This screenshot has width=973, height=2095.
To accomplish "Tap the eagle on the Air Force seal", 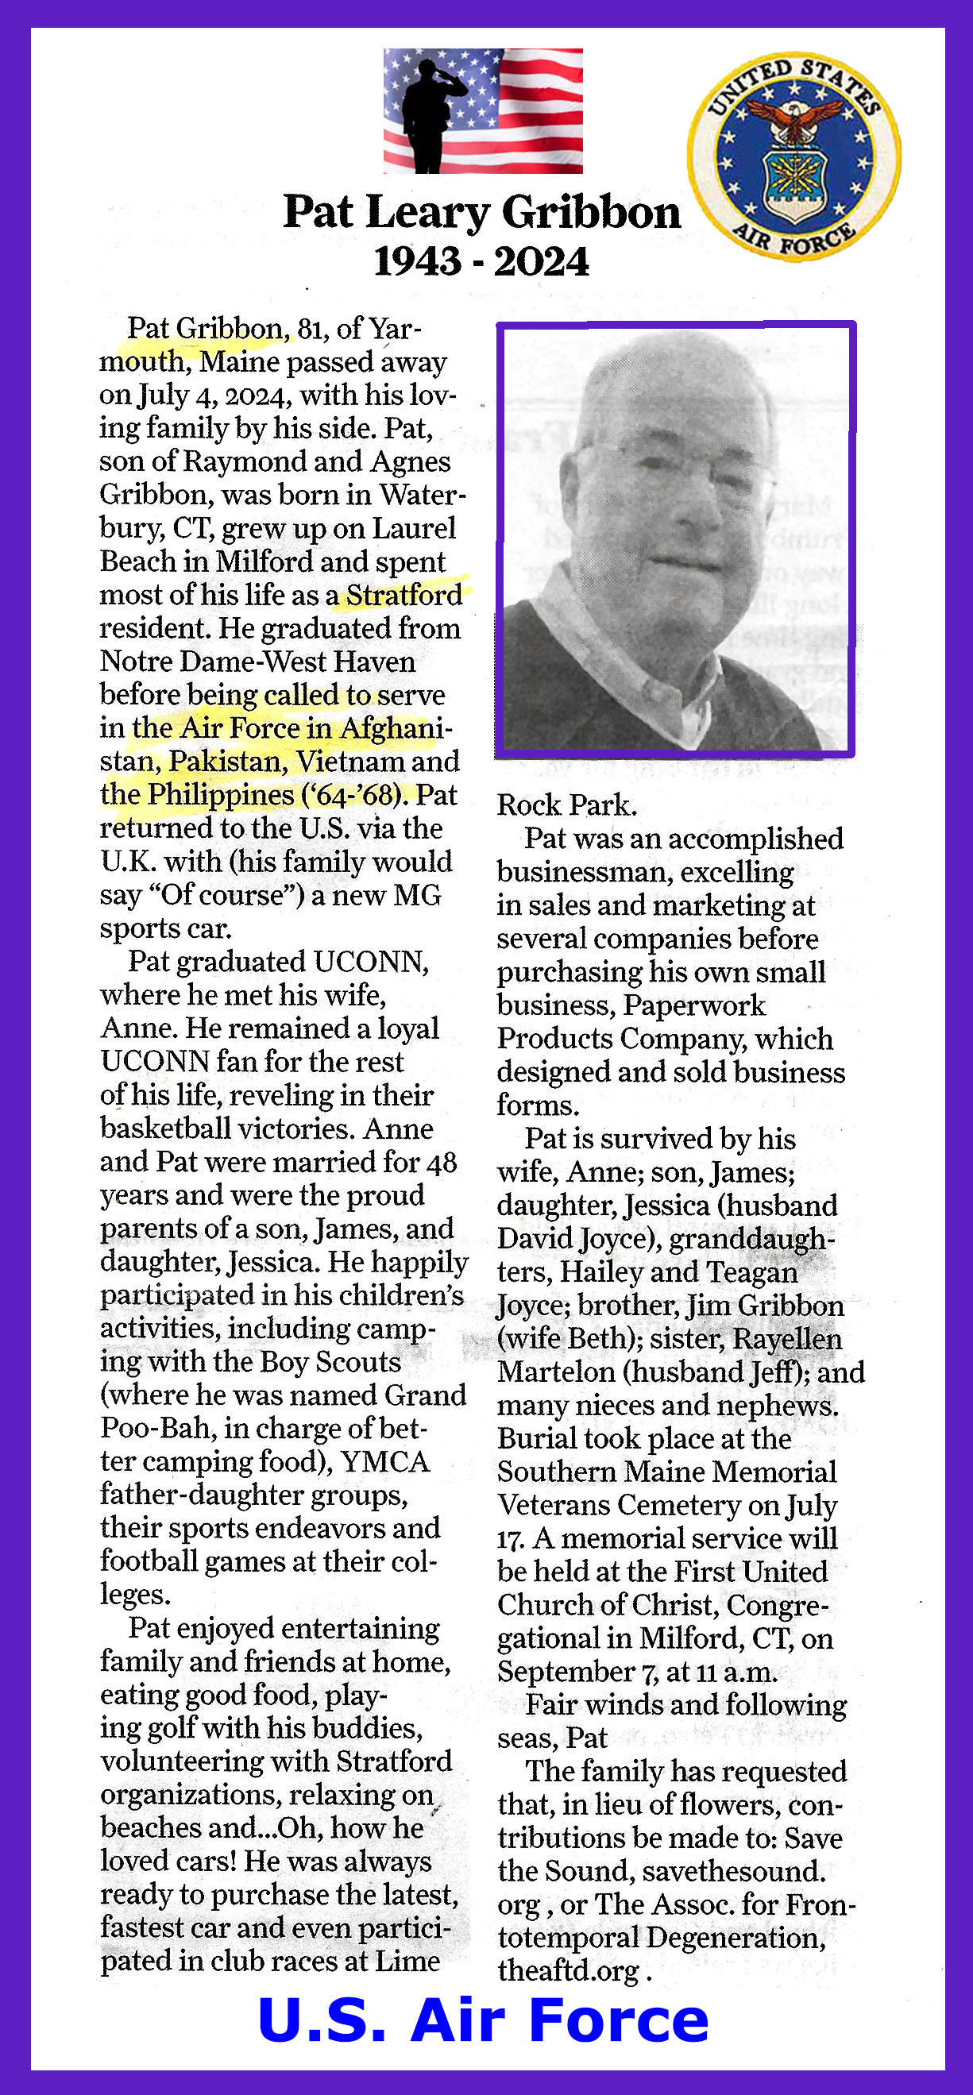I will pos(795,117).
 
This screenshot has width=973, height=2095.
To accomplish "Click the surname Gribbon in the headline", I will pos(592,212).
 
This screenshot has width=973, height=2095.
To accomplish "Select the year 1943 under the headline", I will pos(417,262).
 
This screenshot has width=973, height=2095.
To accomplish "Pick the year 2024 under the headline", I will pos(541,262).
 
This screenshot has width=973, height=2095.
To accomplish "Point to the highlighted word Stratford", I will pos(404,596).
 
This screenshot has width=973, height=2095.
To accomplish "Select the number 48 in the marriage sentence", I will pos(441,1162).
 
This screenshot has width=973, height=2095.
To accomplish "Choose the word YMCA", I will pos(384,1461).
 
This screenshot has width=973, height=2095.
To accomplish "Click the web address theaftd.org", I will pos(569,1970).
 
